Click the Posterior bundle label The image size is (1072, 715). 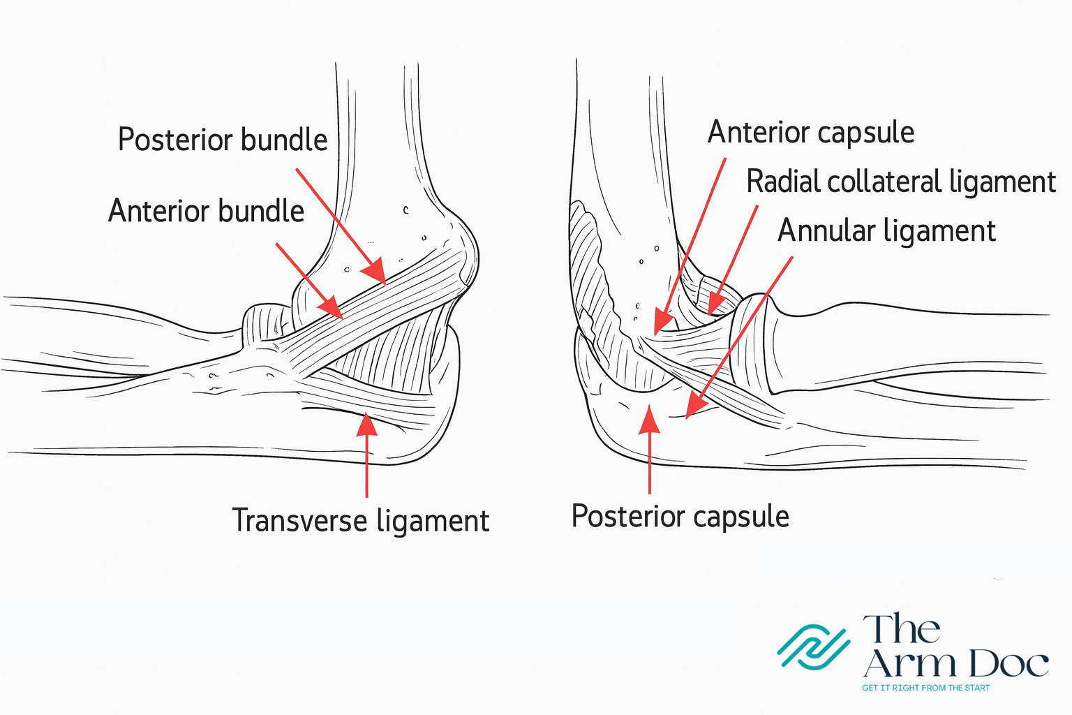click(223, 140)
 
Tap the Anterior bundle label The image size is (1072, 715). click(207, 211)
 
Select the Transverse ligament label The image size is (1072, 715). click(360, 521)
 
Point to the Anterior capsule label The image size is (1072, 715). click(811, 133)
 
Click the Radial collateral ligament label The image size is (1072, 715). click(901, 182)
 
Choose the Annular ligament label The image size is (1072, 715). click(886, 231)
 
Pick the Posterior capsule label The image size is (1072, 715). click(680, 517)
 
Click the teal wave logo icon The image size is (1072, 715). click(814, 647)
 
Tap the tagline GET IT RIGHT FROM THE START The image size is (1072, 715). click(925, 688)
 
